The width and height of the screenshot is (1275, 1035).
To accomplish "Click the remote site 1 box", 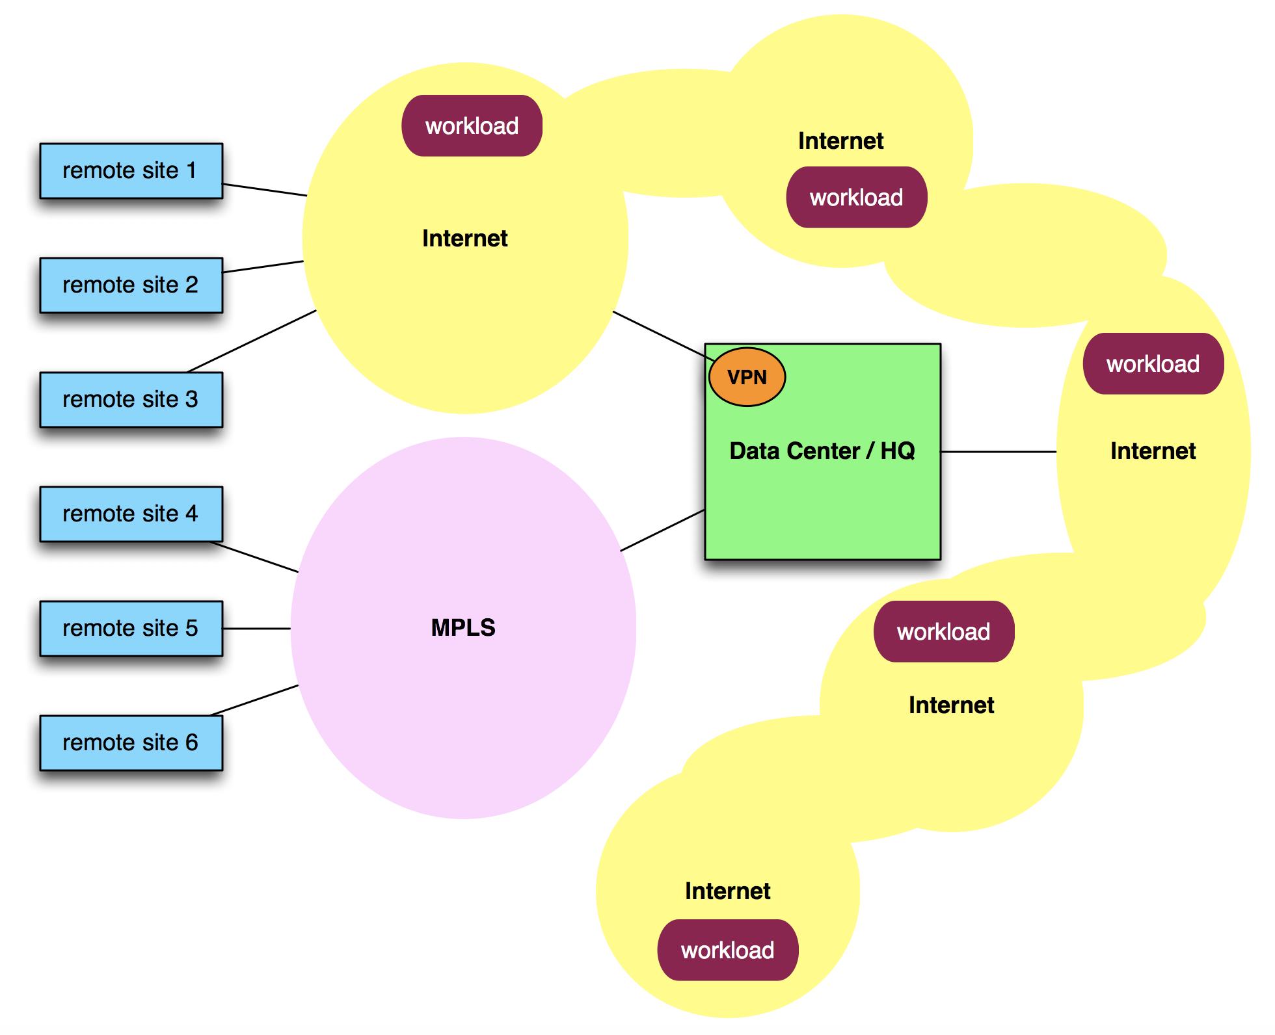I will pyautogui.click(x=131, y=171).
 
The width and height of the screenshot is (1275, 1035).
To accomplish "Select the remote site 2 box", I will pyautogui.click(x=131, y=285).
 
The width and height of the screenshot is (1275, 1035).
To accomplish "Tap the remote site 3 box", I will pyautogui.click(x=131, y=400).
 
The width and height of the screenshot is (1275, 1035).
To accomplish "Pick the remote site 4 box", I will pyautogui.click(x=131, y=514).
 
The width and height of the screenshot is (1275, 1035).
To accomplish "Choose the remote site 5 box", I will pyautogui.click(x=131, y=629).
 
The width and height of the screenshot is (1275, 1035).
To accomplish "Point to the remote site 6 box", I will pyautogui.click(x=131, y=743).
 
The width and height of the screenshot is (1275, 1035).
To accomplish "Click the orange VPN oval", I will pyautogui.click(x=747, y=377).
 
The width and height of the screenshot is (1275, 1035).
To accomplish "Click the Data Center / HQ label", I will pyautogui.click(x=822, y=451).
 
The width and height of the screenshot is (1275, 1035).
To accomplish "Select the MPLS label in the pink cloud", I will pyautogui.click(x=463, y=627).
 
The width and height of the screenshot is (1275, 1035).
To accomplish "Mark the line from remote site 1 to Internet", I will pyautogui.click(x=265, y=190).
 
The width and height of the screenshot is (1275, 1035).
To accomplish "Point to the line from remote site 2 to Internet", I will pyautogui.click(x=263, y=267).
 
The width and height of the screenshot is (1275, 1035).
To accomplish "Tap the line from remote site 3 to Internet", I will pyautogui.click(x=252, y=341).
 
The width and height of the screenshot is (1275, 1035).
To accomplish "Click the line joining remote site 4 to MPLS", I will pyautogui.click(x=255, y=557).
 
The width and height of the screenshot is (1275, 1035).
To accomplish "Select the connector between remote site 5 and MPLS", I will pyautogui.click(x=257, y=629).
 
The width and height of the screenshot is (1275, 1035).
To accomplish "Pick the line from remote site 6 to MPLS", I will pyautogui.click(x=254, y=700).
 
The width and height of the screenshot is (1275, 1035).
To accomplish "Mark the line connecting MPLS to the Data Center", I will pyautogui.click(x=662, y=531).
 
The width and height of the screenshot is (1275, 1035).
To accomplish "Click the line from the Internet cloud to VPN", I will pyautogui.click(x=662, y=335).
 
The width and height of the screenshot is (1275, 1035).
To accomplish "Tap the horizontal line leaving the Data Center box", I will pyautogui.click(x=999, y=452).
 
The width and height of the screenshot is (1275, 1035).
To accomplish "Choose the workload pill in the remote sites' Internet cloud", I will pyautogui.click(x=472, y=126).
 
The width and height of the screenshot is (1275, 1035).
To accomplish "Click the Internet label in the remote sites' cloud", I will pyautogui.click(x=464, y=239).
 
